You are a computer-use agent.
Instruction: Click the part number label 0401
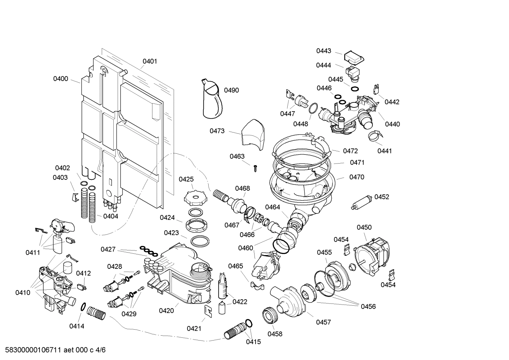pyautogui.click(x=150, y=61)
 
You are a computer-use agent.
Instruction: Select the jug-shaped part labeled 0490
pyautogui.click(x=213, y=99)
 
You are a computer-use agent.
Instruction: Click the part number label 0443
pyautogui.click(x=324, y=51)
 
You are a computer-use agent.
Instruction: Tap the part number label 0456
pyautogui.click(x=368, y=307)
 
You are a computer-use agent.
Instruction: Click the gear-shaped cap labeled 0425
pyautogui.click(x=194, y=198)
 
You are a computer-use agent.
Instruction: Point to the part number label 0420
pyautogui.click(x=166, y=311)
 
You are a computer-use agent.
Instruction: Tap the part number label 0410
pyautogui.click(x=23, y=293)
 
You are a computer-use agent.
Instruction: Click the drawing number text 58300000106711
pyautogui.click(x=32, y=350)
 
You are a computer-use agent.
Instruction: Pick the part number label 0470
pyautogui.click(x=357, y=177)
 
